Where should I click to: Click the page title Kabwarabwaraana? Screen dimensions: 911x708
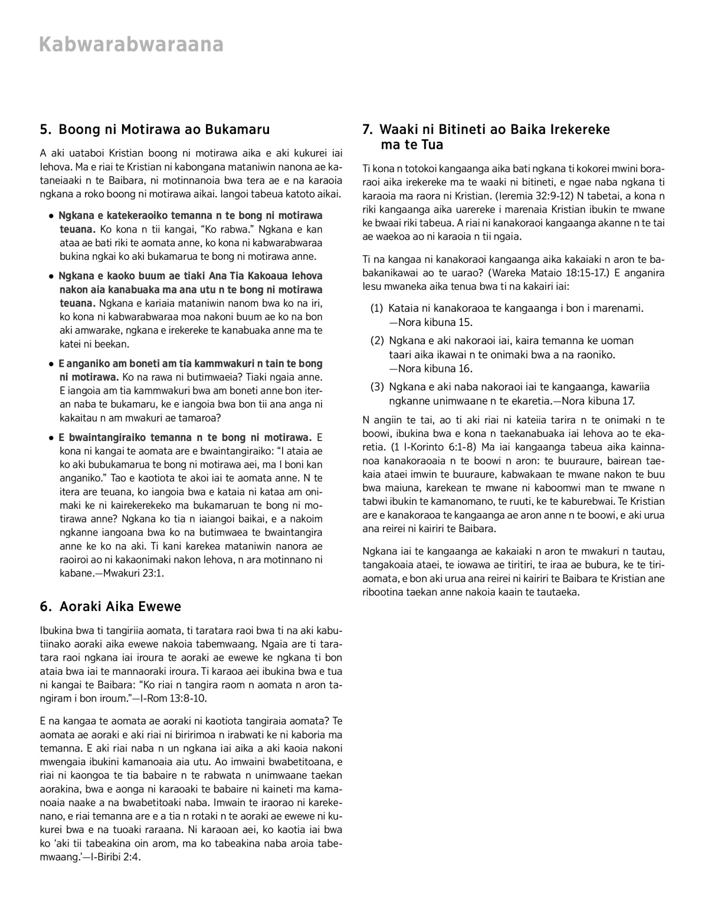pos(131,45)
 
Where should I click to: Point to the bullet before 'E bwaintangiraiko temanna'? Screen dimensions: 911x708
pos(52,437)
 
